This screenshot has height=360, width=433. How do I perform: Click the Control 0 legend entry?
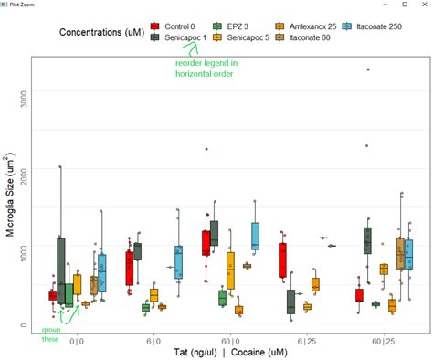point(182,26)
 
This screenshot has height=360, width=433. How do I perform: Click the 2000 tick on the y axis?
point(25,169)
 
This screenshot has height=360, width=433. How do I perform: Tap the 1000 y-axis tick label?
point(25,247)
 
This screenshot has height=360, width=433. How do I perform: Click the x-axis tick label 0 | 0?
point(77,340)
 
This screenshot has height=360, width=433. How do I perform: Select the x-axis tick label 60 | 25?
point(383,340)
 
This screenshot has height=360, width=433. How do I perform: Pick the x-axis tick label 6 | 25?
point(307,340)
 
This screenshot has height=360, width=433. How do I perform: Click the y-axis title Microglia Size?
point(10,196)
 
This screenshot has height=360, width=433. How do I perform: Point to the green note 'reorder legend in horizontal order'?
point(207,68)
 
